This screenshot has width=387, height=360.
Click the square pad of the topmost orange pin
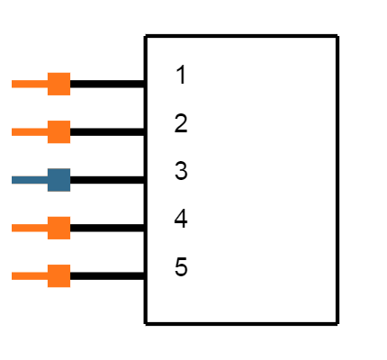(58, 84)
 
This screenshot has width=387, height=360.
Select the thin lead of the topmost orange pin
(30, 84)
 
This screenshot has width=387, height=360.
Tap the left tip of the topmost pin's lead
(13, 84)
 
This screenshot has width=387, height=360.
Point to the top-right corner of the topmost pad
(70, 73)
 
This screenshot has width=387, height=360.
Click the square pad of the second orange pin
(58, 132)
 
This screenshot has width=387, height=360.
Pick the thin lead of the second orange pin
(30, 132)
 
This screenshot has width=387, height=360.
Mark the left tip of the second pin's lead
(13, 132)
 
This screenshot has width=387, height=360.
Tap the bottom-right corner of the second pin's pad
(70, 143)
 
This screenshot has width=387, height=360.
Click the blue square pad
(58, 180)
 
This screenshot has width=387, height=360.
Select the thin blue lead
(30, 180)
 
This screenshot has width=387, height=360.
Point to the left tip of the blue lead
(13, 180)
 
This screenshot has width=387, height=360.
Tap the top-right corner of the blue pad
(70, 169)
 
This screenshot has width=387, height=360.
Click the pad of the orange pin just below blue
(58, 228)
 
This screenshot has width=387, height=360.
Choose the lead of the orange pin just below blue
(30, 228)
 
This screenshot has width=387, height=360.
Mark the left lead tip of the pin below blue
(13, 228)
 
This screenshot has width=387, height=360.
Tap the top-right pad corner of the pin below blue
(70, 217)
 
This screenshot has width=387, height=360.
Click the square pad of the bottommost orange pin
(58, 276)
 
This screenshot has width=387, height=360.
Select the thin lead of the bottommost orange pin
(30, 276)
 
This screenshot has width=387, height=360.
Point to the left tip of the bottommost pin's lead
(13, 276)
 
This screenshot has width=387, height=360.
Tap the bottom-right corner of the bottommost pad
(70, 287)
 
